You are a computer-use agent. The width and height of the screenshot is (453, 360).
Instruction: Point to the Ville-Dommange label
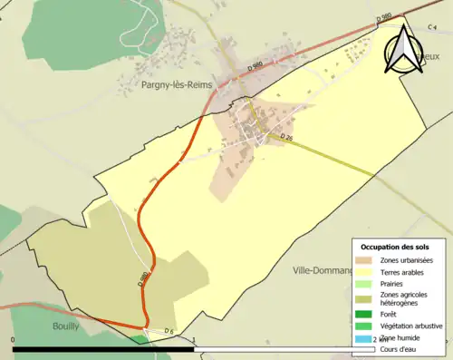(x=323, y=270)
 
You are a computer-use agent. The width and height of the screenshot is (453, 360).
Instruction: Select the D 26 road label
(x=288, y=137)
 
